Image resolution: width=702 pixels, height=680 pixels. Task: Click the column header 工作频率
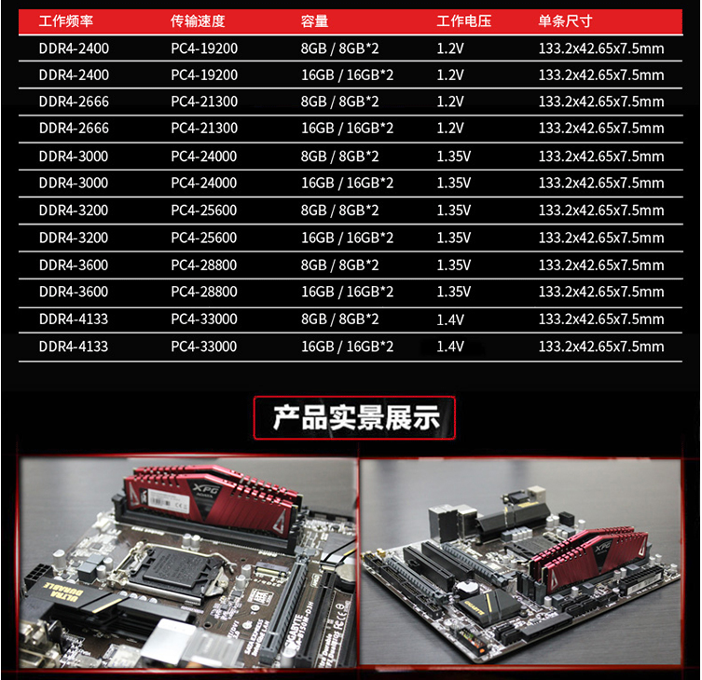click(x=66, y=21)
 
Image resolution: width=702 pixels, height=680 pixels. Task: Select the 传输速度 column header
click(x=198, y=21)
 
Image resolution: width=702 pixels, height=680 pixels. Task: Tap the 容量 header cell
click(x=314, y=21)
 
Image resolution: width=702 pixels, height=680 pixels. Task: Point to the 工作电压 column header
click(x=464, y=21)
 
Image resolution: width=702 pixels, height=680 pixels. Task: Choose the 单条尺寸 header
click(x=565, y=21)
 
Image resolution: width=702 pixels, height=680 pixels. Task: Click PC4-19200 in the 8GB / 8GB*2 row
click(x=204, y=48)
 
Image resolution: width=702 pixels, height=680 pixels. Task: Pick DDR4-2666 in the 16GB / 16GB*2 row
click(x=74, y=129)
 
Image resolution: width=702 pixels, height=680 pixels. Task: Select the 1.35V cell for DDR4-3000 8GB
click(x=453, y=156)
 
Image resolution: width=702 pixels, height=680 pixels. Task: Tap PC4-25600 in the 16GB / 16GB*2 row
click(x=204, y=238)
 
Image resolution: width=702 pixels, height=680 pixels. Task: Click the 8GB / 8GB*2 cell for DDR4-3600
click(x=339, y=265)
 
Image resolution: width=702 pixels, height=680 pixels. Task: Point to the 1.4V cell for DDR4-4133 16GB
click(x=450, y=347)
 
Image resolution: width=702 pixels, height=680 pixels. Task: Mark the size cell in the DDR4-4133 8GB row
click(x=601, y=320)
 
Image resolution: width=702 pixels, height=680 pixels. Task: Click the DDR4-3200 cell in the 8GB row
click(x=74, y=211)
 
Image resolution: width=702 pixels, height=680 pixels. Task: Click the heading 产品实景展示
click(x=356, y=418)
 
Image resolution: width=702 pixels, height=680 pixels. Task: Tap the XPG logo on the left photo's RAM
click(x=206, y=489)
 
